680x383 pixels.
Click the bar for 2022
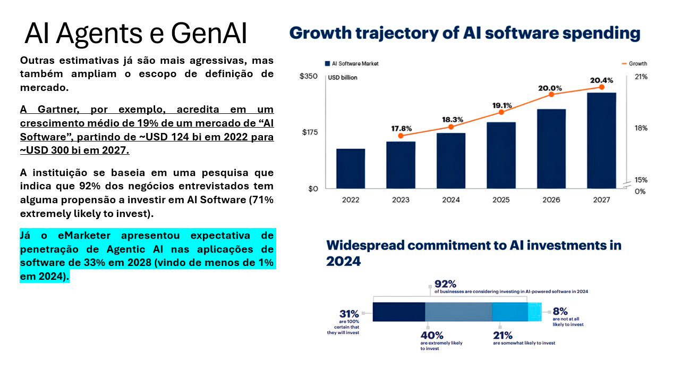click(351, 168)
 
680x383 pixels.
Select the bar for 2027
click(601, 140)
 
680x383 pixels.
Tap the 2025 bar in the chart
click(501, 155)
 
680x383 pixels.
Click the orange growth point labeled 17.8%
click(401, 136)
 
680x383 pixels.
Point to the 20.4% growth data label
click(601, 80)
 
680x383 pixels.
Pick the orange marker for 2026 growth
click(551, 94)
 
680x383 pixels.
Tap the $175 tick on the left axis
click(310, 132)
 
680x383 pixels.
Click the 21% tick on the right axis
click(641, 77)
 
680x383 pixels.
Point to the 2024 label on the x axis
click(450, 200)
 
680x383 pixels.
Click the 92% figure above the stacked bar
click(445, 284)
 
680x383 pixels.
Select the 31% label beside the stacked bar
click(349, 314)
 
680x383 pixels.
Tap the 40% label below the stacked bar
click(431, 335)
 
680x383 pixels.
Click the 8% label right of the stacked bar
click(560, 311)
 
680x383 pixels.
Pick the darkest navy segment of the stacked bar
click(398, 312)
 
